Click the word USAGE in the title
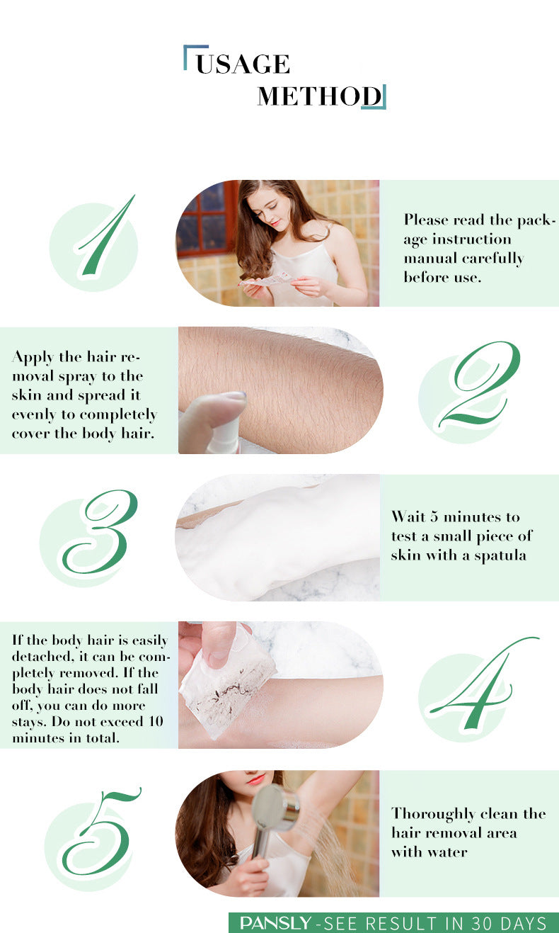coord(243,64)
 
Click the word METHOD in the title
coord(319,96)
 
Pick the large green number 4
coord(483,683)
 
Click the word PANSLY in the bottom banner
coord(275,922)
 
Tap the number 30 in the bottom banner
coord(483,922)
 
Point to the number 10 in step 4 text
coord(155,721)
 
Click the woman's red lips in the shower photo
coord(255,779)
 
